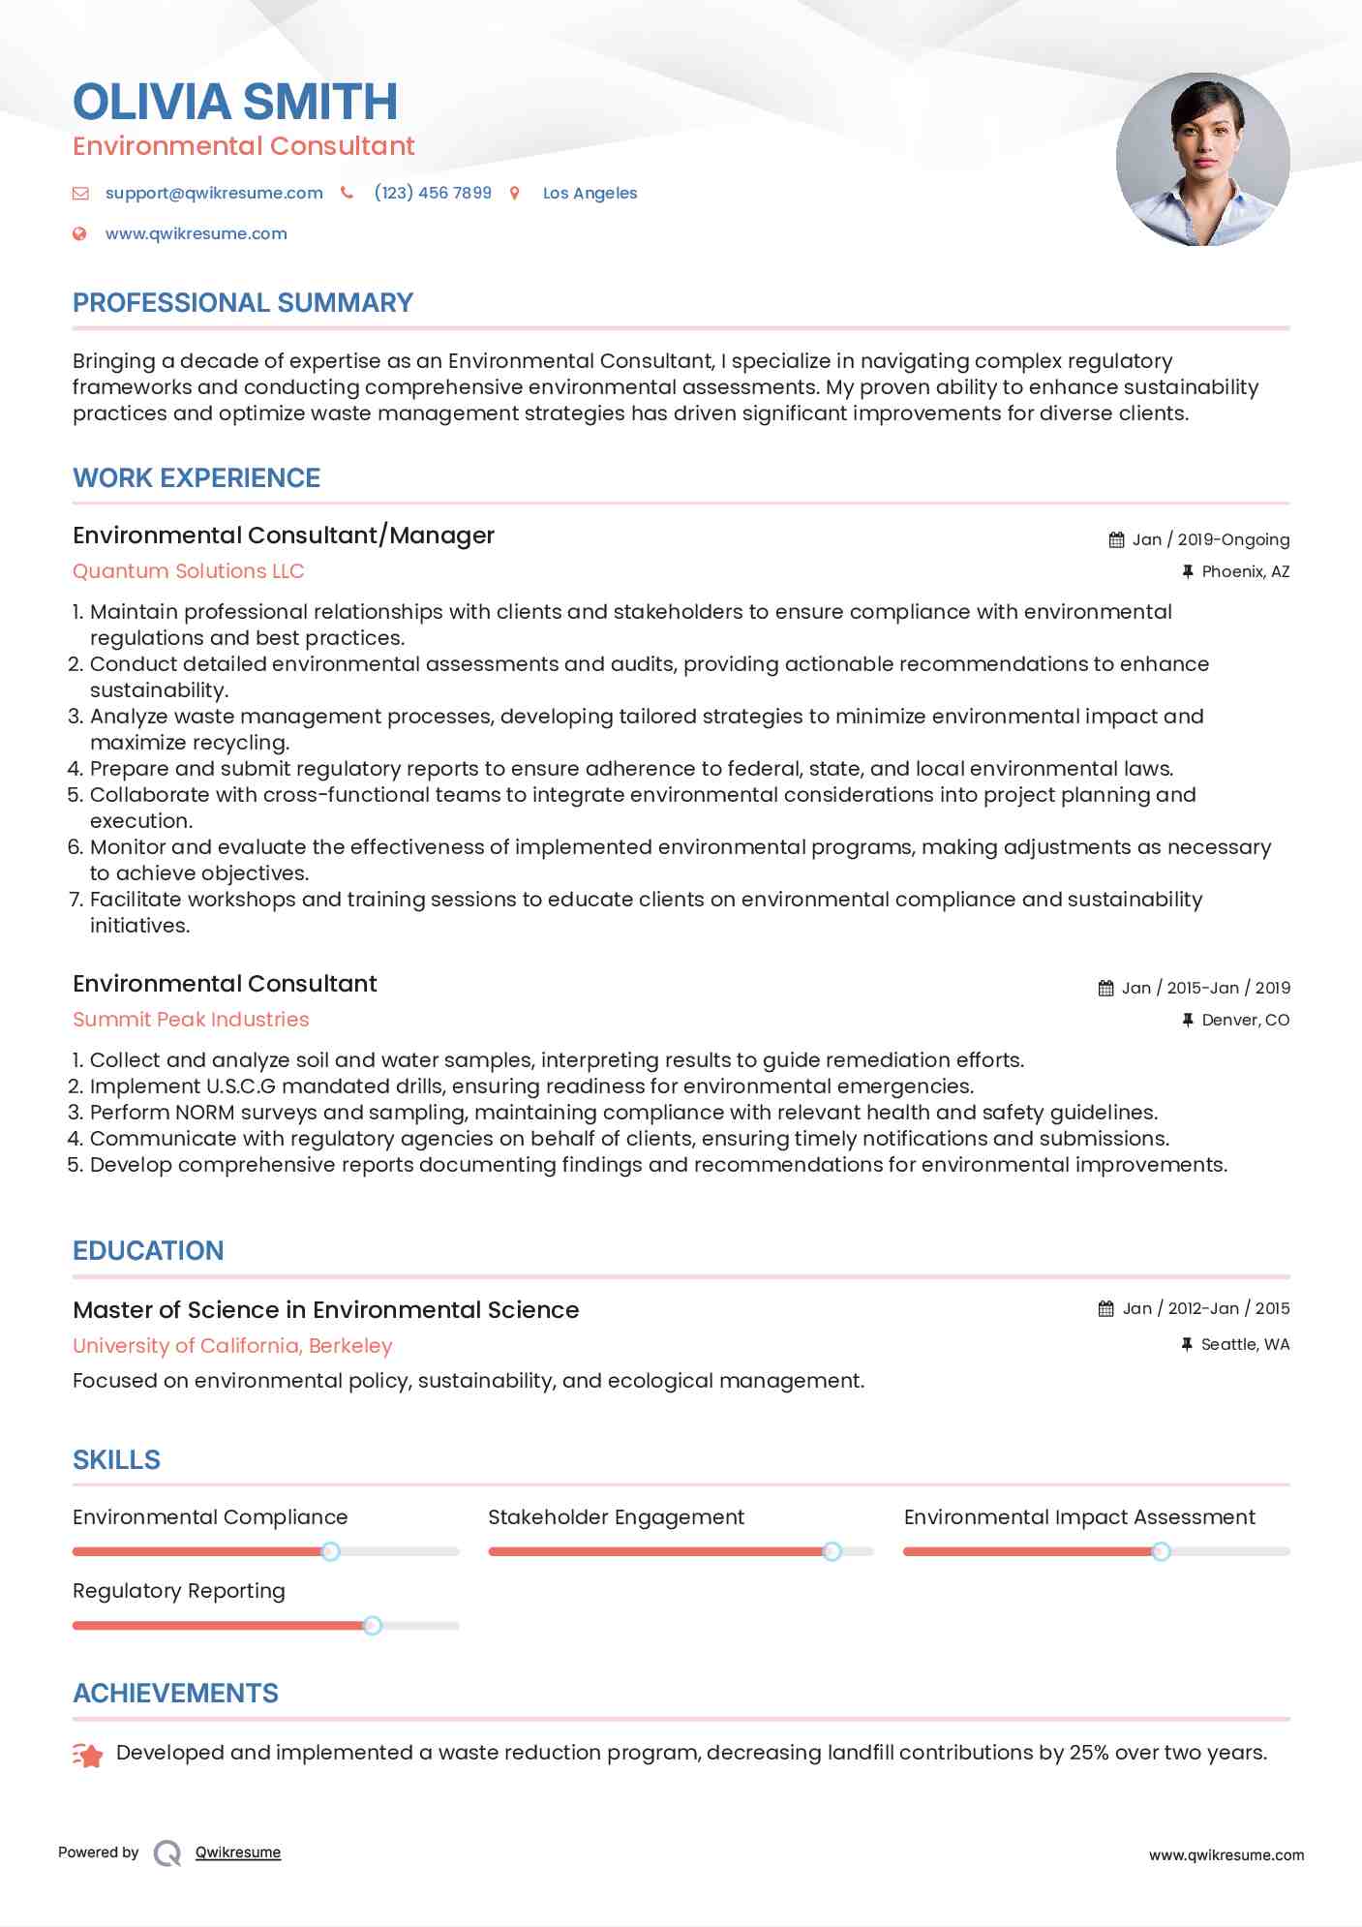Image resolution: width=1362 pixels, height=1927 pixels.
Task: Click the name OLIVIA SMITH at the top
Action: (235, 102)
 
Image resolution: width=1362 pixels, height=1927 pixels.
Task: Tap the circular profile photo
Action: (1202, 159)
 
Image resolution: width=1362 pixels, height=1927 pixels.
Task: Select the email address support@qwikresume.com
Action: (214, 193)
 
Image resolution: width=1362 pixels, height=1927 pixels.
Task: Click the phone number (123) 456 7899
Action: (433, 193)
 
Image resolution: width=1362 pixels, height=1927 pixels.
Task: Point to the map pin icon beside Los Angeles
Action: (515, 194)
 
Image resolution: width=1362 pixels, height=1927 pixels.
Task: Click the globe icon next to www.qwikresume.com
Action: (80, 233)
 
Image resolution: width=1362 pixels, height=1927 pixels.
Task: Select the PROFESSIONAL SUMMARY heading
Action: (243, 303)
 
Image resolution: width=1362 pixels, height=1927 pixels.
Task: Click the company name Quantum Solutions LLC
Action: (189, 571)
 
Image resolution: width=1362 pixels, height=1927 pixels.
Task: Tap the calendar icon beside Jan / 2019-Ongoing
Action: (1116, 539)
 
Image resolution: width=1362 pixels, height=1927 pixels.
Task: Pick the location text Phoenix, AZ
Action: (1245, 571)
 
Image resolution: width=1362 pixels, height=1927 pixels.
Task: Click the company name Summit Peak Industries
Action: (191, 1020)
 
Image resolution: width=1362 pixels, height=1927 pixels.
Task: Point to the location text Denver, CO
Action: (1245, 1020)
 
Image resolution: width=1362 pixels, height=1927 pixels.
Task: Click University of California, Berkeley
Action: (232, 1346)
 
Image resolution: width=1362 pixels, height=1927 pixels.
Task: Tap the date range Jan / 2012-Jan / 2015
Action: (1205, 1308)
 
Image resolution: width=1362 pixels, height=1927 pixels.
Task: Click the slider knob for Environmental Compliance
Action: (330, 1551)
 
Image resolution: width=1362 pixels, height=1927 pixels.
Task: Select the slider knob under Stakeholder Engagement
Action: (832, 1551)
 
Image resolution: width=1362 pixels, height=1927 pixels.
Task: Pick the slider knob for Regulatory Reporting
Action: (372, 1626)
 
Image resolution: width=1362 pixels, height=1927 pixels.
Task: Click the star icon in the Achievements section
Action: (88, 1755)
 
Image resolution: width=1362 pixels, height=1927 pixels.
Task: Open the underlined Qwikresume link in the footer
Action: (238, 1852)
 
